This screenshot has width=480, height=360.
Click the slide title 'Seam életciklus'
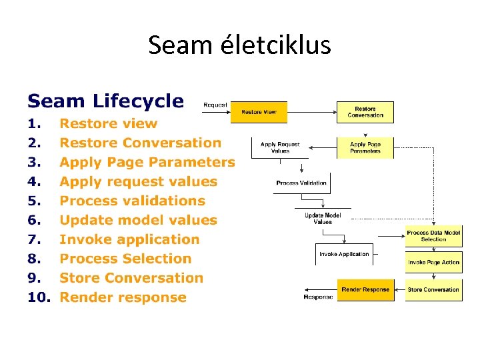pos(239,45)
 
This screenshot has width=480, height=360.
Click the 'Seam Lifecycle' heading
pos(105,101)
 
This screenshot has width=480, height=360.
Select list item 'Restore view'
pos(108,123)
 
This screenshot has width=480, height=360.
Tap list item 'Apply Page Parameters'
pos(147,162)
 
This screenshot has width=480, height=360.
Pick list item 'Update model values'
pos(138,220)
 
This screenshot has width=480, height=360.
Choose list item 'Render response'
pos(123,297)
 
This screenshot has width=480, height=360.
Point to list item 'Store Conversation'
pos(131,278)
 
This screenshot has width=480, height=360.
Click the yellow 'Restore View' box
pos(259,112)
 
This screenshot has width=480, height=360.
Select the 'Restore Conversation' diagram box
pos(365,112)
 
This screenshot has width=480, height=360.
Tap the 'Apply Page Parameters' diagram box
pos(365,147)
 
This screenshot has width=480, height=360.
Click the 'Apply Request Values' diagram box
pos(280,147)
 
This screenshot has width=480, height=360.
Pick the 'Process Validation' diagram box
pos(301,183)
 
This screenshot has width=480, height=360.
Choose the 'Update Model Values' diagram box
pos(323,218)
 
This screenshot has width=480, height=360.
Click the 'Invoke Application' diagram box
pos(344,254)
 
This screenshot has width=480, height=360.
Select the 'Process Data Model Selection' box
pos(433,236)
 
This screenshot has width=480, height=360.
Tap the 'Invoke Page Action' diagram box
pos(433,262)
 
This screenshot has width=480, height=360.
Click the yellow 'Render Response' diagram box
pos(365,290)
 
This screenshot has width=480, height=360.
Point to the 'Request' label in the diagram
pos(215,105)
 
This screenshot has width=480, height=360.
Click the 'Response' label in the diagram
pos(318,297)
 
